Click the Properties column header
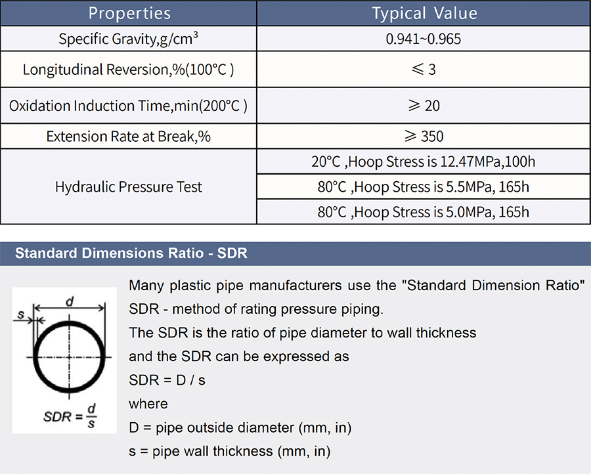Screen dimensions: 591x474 click(x=129, y=14)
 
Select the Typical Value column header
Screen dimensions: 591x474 click(x=424, y=14)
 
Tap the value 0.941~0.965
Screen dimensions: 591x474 click(x=424, y=39)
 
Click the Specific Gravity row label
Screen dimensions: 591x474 click(x=128, y=39)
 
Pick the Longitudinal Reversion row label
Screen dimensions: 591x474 click(x=128, y=70)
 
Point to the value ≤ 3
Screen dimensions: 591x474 click(x=424, y=70)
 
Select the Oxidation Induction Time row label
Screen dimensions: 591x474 click(x=128, y=106)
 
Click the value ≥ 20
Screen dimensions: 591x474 click(x=424, y=106)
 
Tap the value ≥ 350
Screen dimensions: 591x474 click(x=424, y=137)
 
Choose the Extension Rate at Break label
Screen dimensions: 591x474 click(x=128, y=137)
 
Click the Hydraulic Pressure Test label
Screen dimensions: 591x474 click(x=129, y=187)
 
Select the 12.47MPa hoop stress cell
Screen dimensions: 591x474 click(x=424, y=162)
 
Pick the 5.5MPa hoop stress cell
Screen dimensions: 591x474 click(x=424, y=187)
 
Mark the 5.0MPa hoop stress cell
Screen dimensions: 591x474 click(x=424, y=212)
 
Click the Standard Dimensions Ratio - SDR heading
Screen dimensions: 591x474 click(x=131, y=253)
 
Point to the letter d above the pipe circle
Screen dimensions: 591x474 click(x=70, y=301)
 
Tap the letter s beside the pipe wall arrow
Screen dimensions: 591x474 click(x=21, y=314)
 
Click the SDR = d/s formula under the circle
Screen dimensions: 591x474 click(x=70, y=416)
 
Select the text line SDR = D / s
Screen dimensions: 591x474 click(x=167, y=380)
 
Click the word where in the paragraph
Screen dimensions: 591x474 click(x=148, y=404)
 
